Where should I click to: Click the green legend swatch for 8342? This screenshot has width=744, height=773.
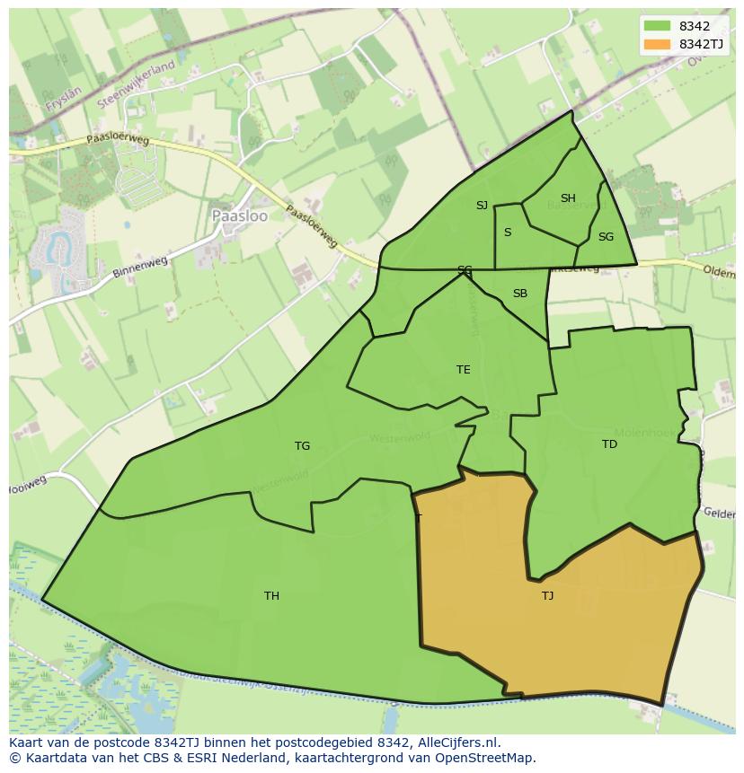[x=657, y=26]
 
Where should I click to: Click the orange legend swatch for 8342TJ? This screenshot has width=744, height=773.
[x=657, y=43]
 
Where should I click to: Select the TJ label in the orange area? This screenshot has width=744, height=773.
[x=547, y=595]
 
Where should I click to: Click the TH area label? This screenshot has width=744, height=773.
[x=271, y=595]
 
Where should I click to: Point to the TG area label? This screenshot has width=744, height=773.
[x=302, y=445]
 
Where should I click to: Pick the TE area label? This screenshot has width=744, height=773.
[x=463, y=369]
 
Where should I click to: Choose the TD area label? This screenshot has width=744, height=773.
[x=609, y=444]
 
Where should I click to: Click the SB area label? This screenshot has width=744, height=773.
[x=519, y=294]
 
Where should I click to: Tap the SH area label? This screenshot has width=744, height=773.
[x=568, y=198]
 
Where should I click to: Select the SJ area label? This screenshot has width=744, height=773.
[x=482, y=206]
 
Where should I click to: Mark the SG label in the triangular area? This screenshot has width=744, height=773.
[x=606, y=237]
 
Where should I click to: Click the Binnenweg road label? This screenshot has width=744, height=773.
[x=141, y=265]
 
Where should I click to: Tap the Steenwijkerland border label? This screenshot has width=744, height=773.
[x=136, y=85]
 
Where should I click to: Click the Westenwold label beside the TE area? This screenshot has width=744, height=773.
[x=399, y=437]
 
